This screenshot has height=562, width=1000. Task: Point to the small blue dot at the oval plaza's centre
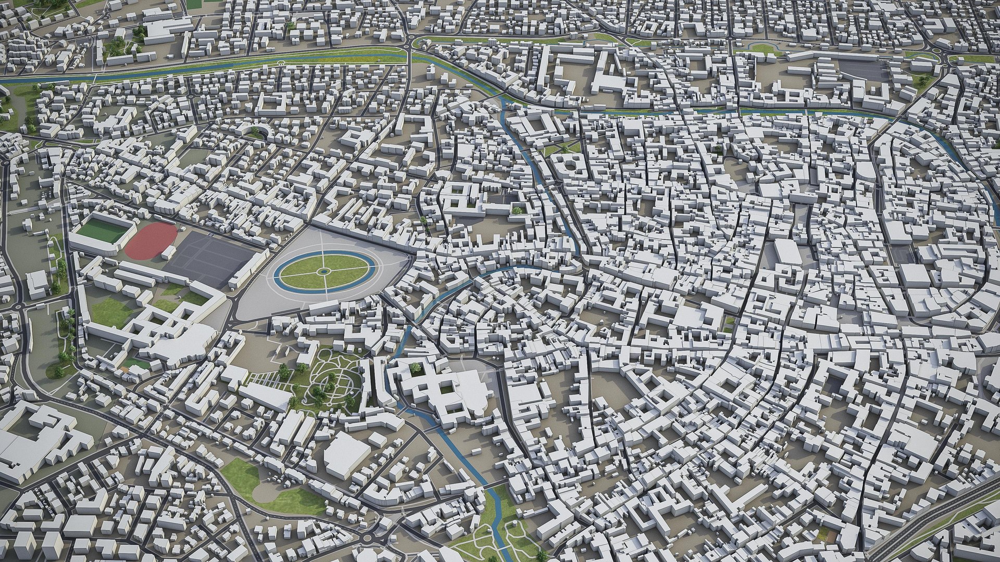[x=323, y=272]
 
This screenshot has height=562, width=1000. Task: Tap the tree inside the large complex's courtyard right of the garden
[x=415, y=368]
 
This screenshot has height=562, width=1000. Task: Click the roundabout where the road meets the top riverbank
[x=415, y=42]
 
